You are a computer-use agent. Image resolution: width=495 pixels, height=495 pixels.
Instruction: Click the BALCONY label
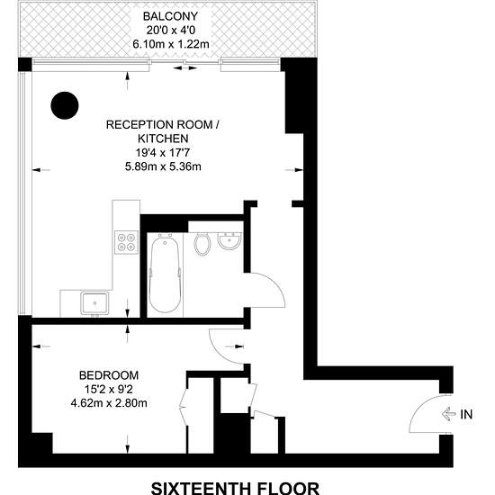tap(170, 16)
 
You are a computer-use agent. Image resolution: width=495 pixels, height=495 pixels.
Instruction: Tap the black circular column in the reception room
tap(65, 105)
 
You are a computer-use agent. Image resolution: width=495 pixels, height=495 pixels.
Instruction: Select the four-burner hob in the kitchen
tap(126, 242)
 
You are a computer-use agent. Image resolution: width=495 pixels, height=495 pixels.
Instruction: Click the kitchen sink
tap(94, 303)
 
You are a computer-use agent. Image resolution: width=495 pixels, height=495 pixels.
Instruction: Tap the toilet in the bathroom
tap(202, 244)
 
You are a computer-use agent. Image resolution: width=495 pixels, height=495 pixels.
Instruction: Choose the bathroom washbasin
tap(229, 241)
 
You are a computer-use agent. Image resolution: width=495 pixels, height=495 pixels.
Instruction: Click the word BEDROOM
tap(109, 375)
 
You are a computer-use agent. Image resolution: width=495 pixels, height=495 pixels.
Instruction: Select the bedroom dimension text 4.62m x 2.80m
tap(109, 403)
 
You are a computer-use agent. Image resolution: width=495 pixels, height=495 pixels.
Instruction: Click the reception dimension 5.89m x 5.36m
tap(163, 166)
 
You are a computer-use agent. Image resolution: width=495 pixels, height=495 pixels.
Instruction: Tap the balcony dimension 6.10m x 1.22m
tap(171, 44)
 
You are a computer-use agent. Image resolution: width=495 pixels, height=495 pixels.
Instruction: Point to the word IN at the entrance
tap(466, 414)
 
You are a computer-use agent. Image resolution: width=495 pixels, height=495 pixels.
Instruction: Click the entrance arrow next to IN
tap(448, 414)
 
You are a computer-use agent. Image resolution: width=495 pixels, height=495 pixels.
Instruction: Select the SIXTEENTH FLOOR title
tap(235, 488)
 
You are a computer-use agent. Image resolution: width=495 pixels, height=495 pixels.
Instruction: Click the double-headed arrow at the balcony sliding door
tap(185, 67)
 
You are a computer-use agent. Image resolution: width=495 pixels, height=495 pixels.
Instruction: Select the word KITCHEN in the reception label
tap(163, 139)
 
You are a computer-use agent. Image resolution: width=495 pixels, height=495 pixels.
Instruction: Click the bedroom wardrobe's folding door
tap(184, 402)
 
